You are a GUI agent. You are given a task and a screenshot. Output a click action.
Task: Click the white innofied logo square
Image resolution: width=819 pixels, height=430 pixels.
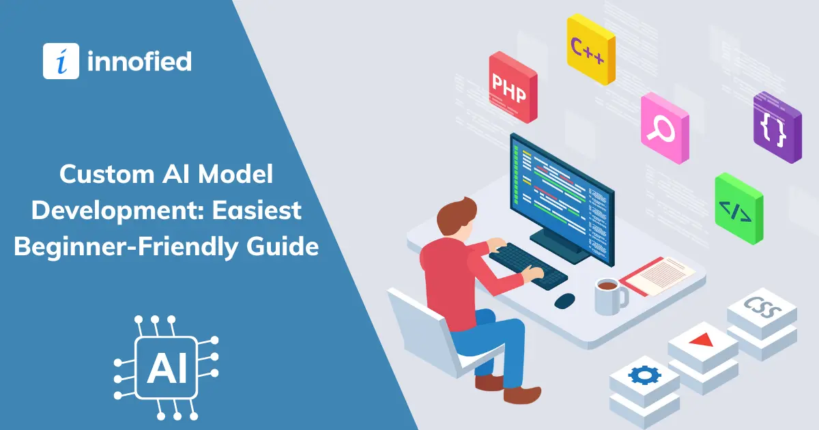click(61, 61)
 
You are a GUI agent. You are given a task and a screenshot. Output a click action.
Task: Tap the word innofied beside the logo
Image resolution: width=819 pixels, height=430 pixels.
click(139, 61)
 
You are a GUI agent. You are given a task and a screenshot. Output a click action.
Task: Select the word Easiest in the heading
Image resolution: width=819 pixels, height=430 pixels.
click(257, 210)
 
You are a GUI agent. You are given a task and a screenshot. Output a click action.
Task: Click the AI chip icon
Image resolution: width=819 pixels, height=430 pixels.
click(167, 367)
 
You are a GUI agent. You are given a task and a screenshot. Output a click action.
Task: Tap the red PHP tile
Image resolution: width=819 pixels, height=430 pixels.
click(513, 87)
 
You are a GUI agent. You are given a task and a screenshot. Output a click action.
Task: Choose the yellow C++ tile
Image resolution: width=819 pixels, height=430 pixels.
click(591, 49)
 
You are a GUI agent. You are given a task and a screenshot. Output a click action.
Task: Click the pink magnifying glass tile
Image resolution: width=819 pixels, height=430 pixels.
click(665, 128)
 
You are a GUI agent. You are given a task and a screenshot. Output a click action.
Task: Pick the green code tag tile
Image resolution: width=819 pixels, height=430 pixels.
click(739, 209)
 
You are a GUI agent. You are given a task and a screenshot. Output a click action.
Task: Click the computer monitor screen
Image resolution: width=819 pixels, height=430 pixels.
click(562, 197)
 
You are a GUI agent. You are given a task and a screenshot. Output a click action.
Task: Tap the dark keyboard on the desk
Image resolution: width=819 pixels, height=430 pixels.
click(528, 266)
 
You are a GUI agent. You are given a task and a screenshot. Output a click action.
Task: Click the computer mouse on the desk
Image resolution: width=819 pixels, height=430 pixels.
click(564, 300)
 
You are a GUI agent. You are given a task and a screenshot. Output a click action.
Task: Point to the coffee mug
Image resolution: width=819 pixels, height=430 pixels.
click(611, 296)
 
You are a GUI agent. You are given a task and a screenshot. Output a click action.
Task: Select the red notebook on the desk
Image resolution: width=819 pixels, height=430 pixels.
click(657, 276)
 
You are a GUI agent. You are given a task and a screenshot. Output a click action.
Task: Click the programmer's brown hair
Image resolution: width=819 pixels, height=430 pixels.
click(456, 216)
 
